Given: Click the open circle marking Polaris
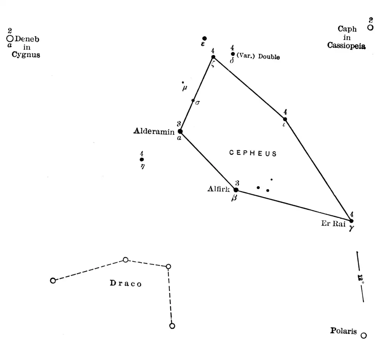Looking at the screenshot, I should pyautogui.click(x=363, y=335).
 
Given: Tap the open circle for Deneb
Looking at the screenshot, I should pyautogui.click(x=10, y=38).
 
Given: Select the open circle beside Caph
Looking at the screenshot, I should pyautogui.click(x=370, y=27).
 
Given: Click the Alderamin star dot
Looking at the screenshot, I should pyautogui.click(x=180, y=131).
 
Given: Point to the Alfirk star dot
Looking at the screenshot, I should pyautogui.click(x=236, y=190).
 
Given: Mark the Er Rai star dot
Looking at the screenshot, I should pyautogui.click(x=351, y=221).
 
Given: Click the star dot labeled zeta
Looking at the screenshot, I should pyautogui.click(x=213, y=57).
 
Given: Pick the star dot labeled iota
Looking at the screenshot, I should pyautogui.click(x=285, y=119).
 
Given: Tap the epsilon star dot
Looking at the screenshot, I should pyautogui.click(x=204, y=38).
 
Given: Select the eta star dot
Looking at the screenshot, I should pyautogui.click(x=142, y=159).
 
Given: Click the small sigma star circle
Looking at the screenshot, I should pyautogui.click(x=193, y=100).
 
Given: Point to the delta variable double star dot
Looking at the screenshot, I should pyautogui.click(x=233, y=54).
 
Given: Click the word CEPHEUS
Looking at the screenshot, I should pyautogui.click(x=253, y=153).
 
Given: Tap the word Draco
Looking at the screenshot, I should pyautogui.click(x=126, y=283).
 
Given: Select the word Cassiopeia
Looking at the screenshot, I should pyautogui.click(x=346, y=46).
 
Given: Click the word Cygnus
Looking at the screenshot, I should pyautogui.click(x=26, y=55).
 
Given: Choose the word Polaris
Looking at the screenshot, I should pyautogui.click(x=343, y=331).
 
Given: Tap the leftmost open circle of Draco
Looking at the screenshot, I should pyautogui.click(x=53, y=281).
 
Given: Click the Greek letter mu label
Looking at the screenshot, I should pyautogui.click(x=184, y=88).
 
